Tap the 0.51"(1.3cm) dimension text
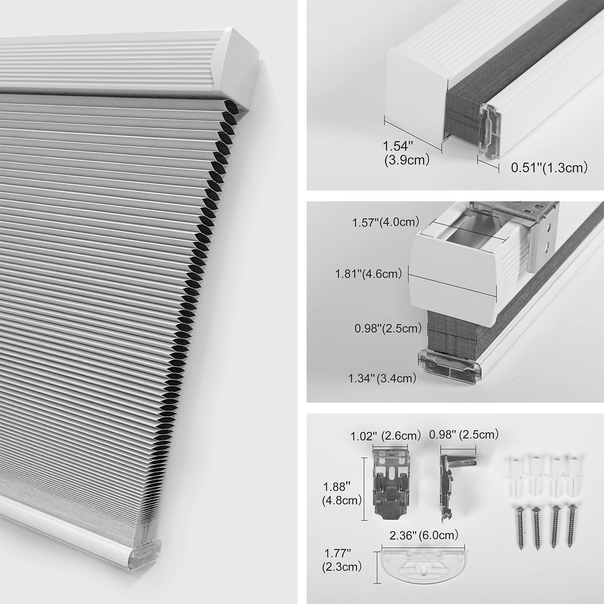point(549,168)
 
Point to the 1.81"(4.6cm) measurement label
point(368,274)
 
